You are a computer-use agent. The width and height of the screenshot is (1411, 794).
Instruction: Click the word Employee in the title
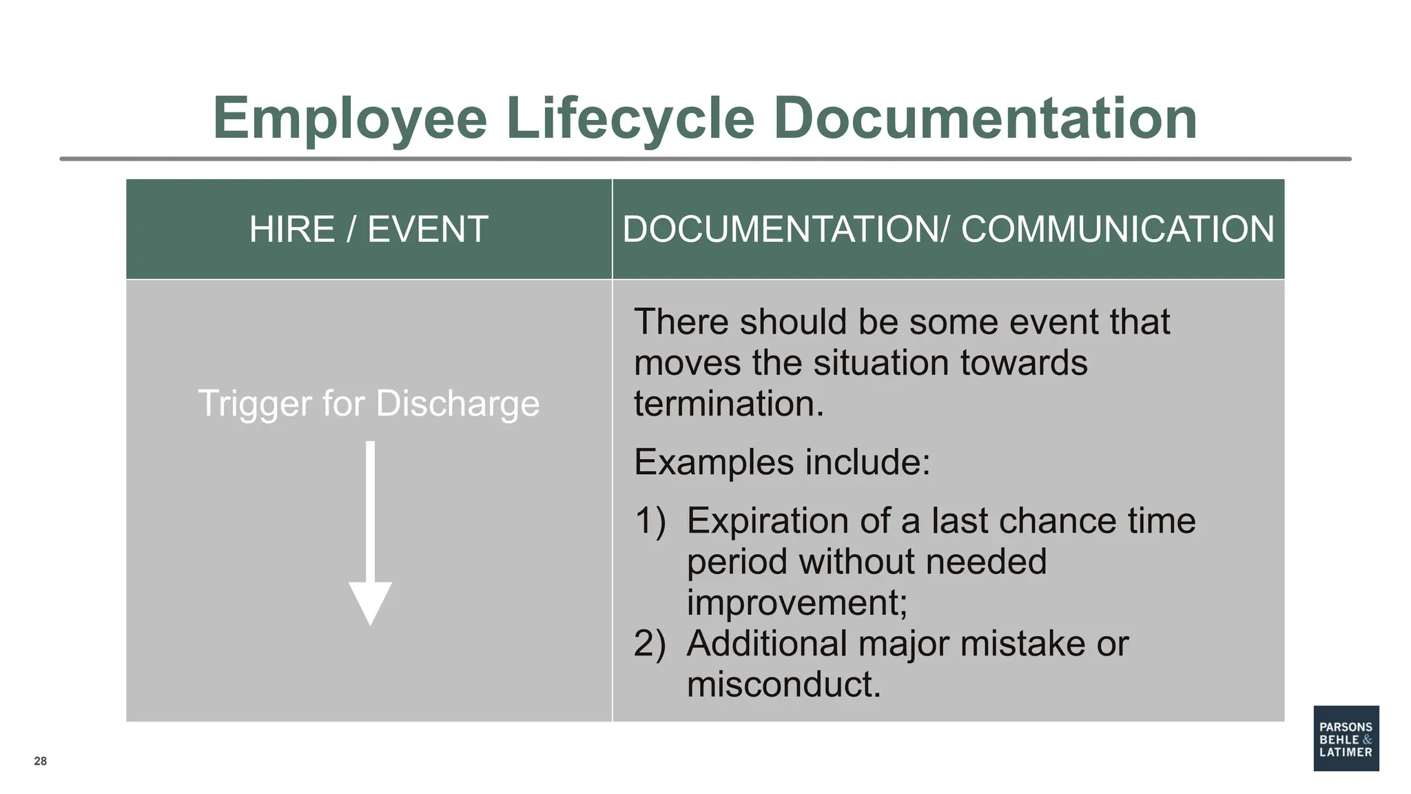coord(350,119)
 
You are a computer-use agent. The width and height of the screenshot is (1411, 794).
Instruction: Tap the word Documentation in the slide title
coord(985,119)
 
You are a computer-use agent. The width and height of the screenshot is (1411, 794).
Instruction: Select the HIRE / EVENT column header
coord(369,230)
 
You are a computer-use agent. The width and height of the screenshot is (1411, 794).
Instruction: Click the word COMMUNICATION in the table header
coord(1117,230)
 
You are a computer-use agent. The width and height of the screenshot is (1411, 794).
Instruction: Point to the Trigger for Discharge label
coord(369,403)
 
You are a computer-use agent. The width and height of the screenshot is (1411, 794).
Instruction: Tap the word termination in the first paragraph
coord(728,404)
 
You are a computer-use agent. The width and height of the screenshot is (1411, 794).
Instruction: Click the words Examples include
coord(781,462)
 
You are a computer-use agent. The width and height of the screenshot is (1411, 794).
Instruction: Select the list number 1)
coord(650,521)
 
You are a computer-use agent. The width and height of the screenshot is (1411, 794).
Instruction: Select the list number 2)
coord(650,644)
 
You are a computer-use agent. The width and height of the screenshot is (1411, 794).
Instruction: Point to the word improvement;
coord(796,603)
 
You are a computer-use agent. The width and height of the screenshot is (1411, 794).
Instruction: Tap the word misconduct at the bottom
coord(783,685)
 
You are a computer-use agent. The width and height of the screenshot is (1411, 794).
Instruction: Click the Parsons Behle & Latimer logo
coord(1346,738)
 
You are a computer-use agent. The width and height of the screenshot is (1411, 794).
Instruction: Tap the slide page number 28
coord(41,761)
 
